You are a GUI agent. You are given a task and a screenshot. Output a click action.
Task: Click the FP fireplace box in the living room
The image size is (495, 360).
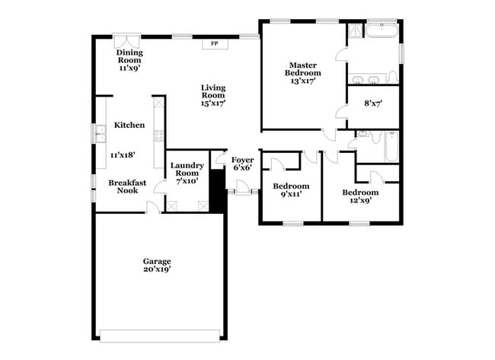pyautogui.click(x=214, y=43)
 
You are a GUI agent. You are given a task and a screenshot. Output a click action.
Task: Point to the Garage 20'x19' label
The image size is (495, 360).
pyautogui.click(x=156, y=265)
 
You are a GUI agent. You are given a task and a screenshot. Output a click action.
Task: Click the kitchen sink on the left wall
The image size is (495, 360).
pyautogui.click(x=99, y=135)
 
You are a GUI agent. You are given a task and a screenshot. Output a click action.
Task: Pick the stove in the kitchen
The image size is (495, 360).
pyautogui.click(x=158, y=137)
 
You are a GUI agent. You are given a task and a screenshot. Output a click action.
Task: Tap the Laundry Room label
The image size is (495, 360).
pyautogui.click(x=186, y=173)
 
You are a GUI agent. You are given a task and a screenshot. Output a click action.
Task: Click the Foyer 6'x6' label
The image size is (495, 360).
pyautogui.click(x=243, y=164)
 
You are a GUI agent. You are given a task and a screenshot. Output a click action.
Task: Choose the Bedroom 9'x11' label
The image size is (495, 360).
pyautogui.click(x=291, y=190)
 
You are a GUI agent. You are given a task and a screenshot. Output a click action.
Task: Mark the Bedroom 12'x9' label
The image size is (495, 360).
pyautogui.click(x=360, y=196)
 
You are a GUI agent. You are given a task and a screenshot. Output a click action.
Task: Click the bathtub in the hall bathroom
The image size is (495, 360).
pyautogui.click(x=391, y=147)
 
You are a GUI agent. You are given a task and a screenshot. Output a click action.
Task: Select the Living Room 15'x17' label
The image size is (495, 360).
pyautogui.click(x=213, y=95)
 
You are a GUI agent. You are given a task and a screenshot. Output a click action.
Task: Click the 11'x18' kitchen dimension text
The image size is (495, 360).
pyautogui.click(x=123, y=155)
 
